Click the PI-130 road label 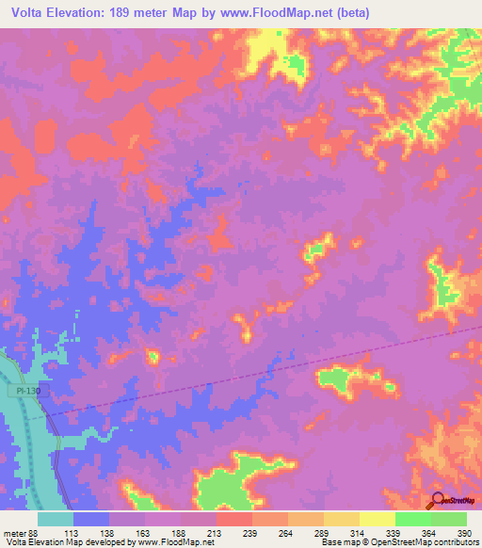(x=28, y=390)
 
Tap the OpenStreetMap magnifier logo (x=439, y=500)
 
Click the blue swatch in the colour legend (x=91, y=519)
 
